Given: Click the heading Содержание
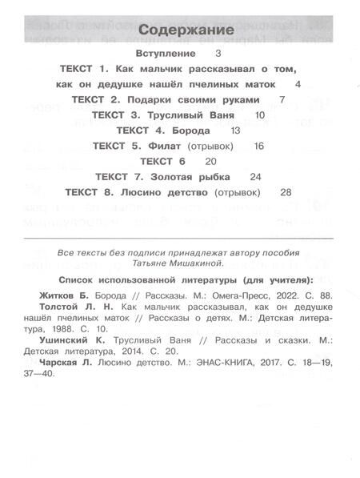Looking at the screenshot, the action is (x=179, y=30).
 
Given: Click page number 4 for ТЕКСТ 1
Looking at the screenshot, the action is (x=297, y=84).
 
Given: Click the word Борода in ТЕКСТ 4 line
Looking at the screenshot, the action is (x=192, y=131).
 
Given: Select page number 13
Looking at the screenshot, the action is (x=234, y=131).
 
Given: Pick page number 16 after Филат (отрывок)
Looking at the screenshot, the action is (x=258, y=147).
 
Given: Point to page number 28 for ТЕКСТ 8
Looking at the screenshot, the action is (x=287, y=193).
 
